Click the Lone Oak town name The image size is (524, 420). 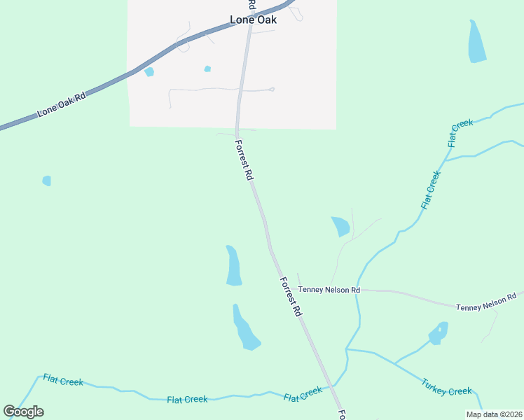[x=254, y=20]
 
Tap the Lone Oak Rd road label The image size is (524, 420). [x=61, y=103]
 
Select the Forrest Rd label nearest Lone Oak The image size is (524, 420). [x=244, y=160]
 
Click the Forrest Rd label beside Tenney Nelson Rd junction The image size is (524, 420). [x=290, y=297]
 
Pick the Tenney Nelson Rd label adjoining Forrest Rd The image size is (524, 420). [x=329, y=289]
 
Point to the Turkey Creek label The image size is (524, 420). [x=447, y=386]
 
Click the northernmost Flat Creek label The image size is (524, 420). [x=461, y=133]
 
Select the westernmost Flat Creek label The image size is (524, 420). [x=63, y=381]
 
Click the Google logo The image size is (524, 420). [x=23, y=412]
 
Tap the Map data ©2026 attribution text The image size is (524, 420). [x=494, y=414]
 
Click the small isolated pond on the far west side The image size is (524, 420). [x=46, y=181]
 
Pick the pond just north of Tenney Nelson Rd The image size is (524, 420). [x=340, y=226]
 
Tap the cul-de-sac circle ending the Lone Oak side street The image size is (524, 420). [x=272, y=89]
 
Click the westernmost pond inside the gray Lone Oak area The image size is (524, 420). [x=149, y=71]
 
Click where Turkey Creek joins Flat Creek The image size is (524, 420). [x=346, y=349]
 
